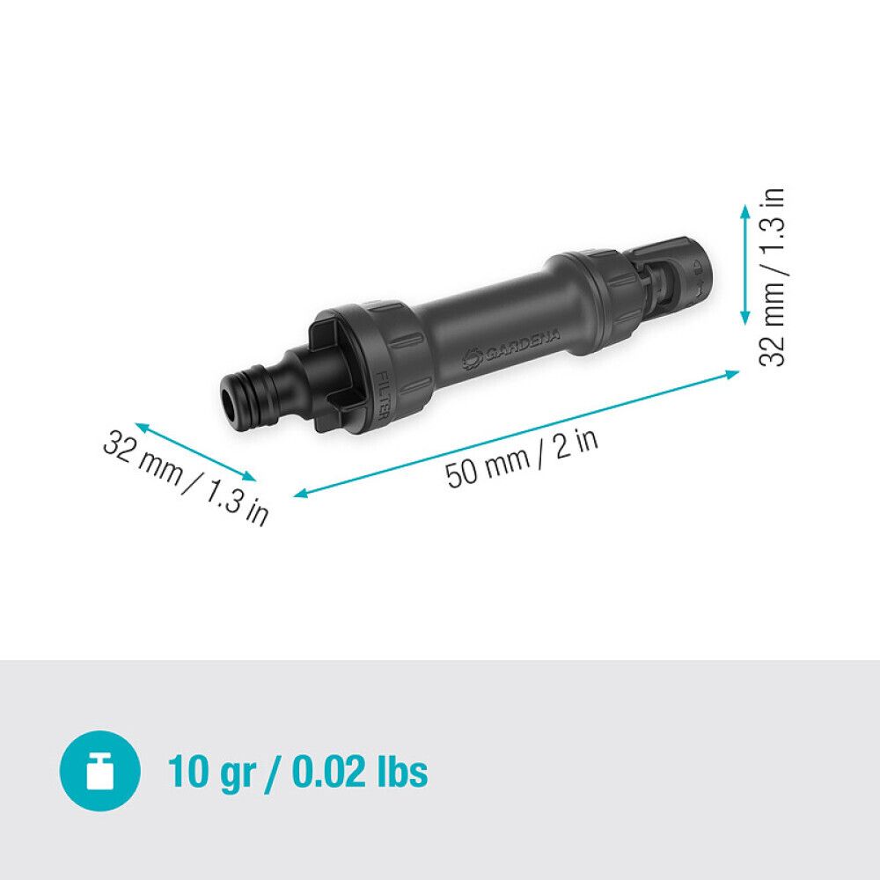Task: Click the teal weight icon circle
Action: [x=99, y=772]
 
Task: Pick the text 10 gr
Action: [x=210, y=772]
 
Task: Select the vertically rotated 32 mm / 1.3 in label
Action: [x=772, y=277]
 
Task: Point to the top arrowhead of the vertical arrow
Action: [x=745, y=209]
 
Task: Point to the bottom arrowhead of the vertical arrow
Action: [x=745, y=323]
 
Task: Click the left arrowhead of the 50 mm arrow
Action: [x=298, y=495]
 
